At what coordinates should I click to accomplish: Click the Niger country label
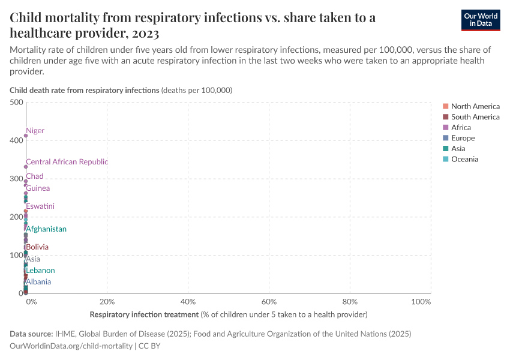click(x=35, y=131)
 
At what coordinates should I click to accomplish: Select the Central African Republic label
click(x=67, y=162)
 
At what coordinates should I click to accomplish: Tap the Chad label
click(x=35, y=176)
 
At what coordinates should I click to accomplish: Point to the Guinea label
click(x=38, y=188)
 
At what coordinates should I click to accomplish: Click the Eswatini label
click(x=40, y=206)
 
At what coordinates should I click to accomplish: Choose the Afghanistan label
click(x=46, y=229)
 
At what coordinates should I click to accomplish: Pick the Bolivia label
click(x=37, y=247)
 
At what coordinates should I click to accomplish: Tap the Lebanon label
click(x=40, y=271)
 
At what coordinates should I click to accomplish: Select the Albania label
click(x=38, y=282)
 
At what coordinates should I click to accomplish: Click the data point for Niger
click(x=26, y=136)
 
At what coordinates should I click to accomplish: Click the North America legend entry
click(x=475, y=106)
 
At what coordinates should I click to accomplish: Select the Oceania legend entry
click(x=464, y=159)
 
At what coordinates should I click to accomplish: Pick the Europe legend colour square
click(x=446, y=138)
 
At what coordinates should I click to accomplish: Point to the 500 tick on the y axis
click(x=16, y=103)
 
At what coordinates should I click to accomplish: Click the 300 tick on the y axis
click(x=16, y=179)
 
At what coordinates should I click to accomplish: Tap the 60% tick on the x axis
click(x=269, y=301)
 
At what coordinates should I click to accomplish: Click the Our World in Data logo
click(x=480, y=20)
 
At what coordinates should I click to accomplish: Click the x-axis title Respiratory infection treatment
click(x=144, y=314)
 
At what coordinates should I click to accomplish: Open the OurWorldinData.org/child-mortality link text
click(x=71, y=346)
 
